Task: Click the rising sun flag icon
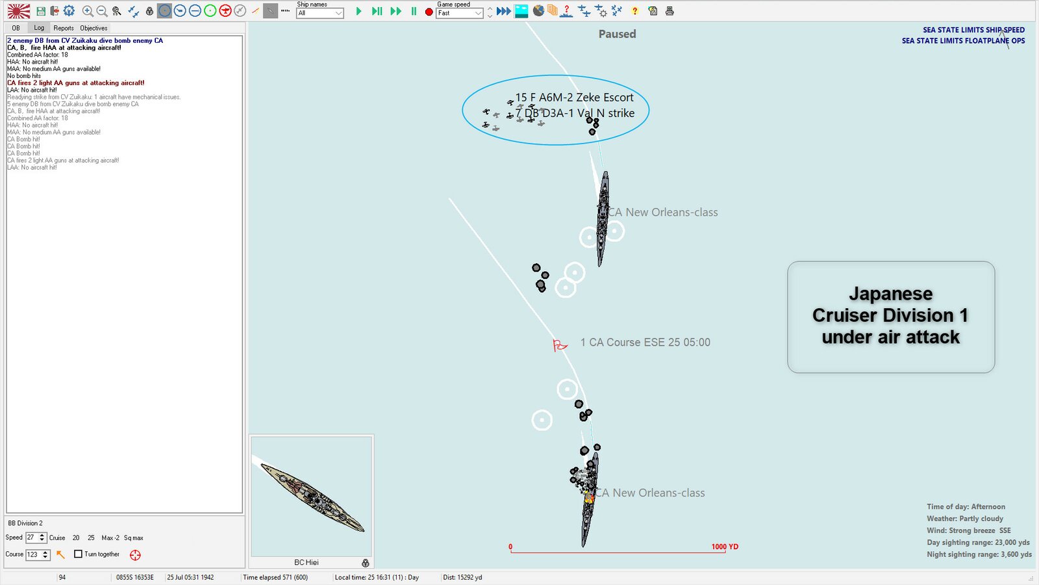tap(19, 11)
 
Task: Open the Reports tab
tap(64, 28)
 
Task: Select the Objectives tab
tap(94, 28)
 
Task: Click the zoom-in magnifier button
tap(88, 11)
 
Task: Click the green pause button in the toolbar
tap(414, 11)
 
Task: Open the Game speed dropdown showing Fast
tap(460, 13)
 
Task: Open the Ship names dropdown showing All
tap(319, 13)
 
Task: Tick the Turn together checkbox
tap(79, 554)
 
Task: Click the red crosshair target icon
tap(135, 555)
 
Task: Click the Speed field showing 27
tap(31, 538)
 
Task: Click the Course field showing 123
tap(32, 554)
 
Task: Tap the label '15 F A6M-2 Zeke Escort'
tap(574, 97)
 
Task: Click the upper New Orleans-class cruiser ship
tap(603, 218)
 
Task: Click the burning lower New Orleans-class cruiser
tap(589, 497)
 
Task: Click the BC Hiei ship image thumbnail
tap(311, 496)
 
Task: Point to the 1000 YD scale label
tap(725, 547)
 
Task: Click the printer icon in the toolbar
tap(670, 11)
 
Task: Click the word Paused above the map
tap(617, 34)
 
